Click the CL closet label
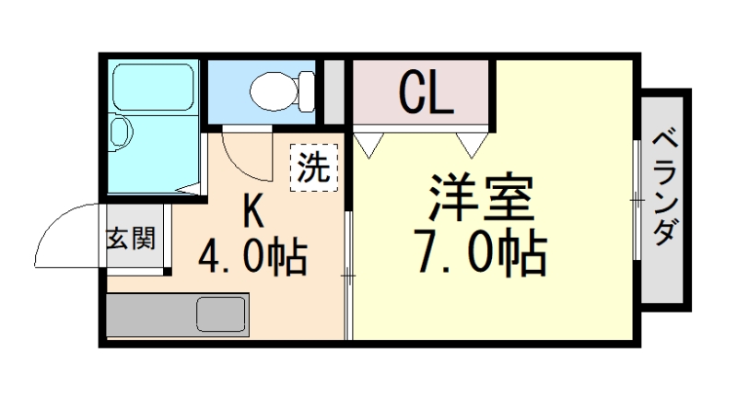[x=425, y=92]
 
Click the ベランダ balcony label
[x=664, y=189]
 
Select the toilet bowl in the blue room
[x=271, y=90]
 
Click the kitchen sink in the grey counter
[x=221, y=314]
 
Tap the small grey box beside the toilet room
[x=334, y=90]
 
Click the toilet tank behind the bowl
[x=305, y=90]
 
